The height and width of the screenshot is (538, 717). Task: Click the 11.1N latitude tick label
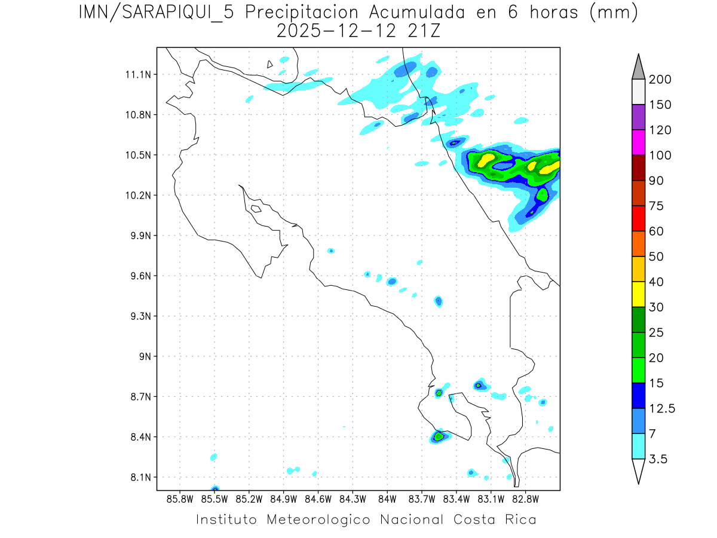coord(136,75)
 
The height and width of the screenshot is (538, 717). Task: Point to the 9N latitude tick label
coord(142,356)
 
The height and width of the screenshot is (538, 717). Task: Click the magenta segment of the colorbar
coord(638,143)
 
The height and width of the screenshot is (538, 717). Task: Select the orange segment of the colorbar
coord(638,244)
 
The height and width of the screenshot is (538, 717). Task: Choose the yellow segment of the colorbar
coord(638,295)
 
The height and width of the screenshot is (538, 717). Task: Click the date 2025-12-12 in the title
coord(336,31)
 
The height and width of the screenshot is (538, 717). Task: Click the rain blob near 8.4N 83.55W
coord(439,437)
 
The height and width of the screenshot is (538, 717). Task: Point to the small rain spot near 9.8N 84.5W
coord(330,250)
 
